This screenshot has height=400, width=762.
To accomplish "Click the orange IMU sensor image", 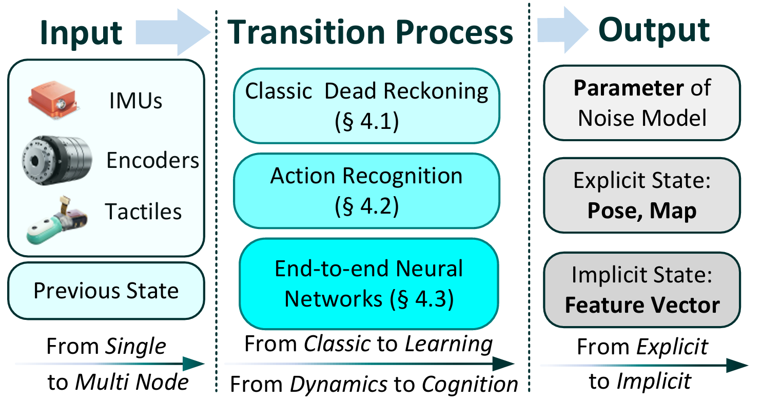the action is (x=53, y=100).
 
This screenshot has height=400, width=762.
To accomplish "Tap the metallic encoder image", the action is (x=57, y=160).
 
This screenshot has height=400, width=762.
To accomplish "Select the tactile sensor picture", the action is (x=57, y=220).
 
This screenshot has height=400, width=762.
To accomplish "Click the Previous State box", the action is (x=106, y=291).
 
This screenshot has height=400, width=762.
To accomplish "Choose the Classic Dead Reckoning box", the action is (x=366, y=106).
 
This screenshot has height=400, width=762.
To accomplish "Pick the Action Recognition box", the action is (x=366, y=191).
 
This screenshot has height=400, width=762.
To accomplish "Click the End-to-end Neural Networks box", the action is (x=369, y=284).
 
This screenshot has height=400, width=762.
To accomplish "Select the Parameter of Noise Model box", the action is (x=642, y=103).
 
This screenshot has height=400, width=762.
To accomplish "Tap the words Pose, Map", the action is (x=642, y=211).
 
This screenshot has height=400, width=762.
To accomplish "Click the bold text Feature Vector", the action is (x=642, y=304).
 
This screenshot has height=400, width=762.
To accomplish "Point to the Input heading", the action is (x=81, y=33).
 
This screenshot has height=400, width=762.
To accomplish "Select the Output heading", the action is (x=654, y=31).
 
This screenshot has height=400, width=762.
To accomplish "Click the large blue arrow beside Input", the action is (x=173, y=32).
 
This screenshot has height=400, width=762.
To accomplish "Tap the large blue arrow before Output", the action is (x=563, y=30).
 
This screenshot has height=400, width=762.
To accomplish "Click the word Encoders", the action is (x=152, y=160).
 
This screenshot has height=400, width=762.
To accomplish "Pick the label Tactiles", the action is (x=143, y=212).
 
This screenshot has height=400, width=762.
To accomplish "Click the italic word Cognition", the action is (x=470, y=385).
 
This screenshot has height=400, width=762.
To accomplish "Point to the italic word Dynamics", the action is (x=339, y=385).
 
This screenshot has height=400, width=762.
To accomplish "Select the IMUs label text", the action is (x=136, y=101).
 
